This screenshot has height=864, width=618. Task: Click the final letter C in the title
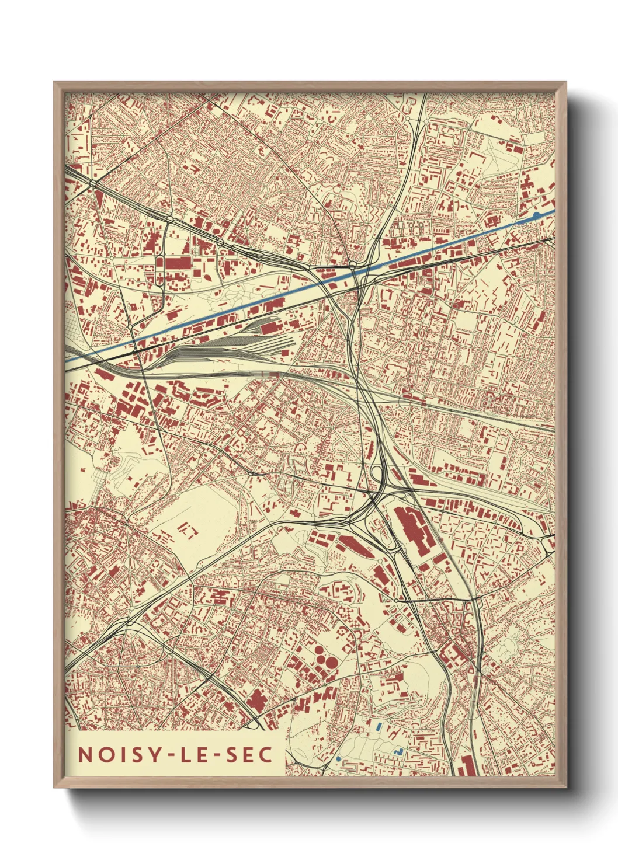click(x=266, y=755)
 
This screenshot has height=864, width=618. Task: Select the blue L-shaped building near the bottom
click(x=400, y=750)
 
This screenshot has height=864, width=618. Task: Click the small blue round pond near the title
click(x=338, y=758)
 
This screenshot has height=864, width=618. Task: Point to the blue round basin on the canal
click(x=536, y=216)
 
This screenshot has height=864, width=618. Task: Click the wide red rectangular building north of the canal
click(x=177, y=263)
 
